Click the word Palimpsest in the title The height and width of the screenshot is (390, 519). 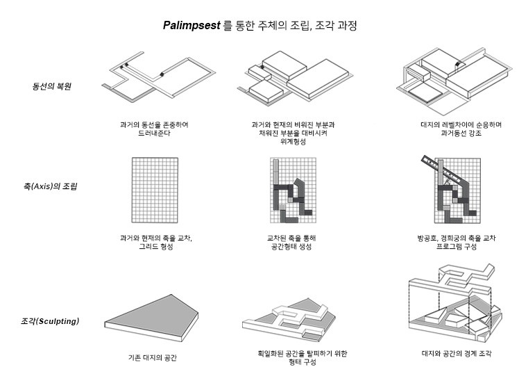click(192, 25)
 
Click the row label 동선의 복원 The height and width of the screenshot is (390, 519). click(51, 86)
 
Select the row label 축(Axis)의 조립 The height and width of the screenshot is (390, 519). click(51, 186)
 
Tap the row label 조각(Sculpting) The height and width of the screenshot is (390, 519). click(50, 321)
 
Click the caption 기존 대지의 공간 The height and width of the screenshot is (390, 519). click(153, 357)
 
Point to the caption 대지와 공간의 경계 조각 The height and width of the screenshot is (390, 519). click(457, 353)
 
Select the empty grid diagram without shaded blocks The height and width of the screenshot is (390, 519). click(155, 190)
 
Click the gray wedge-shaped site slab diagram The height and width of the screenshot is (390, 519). click(151, 318)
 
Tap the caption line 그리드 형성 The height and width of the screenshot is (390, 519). click(156, 246)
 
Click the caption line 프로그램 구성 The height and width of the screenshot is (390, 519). click(457, 246)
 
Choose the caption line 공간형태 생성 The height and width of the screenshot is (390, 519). click(291, 246)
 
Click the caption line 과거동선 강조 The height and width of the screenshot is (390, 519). click(461, 133)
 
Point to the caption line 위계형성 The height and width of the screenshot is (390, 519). click(293, 141)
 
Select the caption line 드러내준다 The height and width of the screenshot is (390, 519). click(154, 133)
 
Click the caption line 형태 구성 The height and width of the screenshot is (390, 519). click(303, 361)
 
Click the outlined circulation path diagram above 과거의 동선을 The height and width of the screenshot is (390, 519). click(159, 76)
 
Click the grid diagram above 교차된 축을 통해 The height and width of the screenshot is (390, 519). click(293, 190)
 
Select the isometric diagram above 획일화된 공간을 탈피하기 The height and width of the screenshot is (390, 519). click(289, 319)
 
